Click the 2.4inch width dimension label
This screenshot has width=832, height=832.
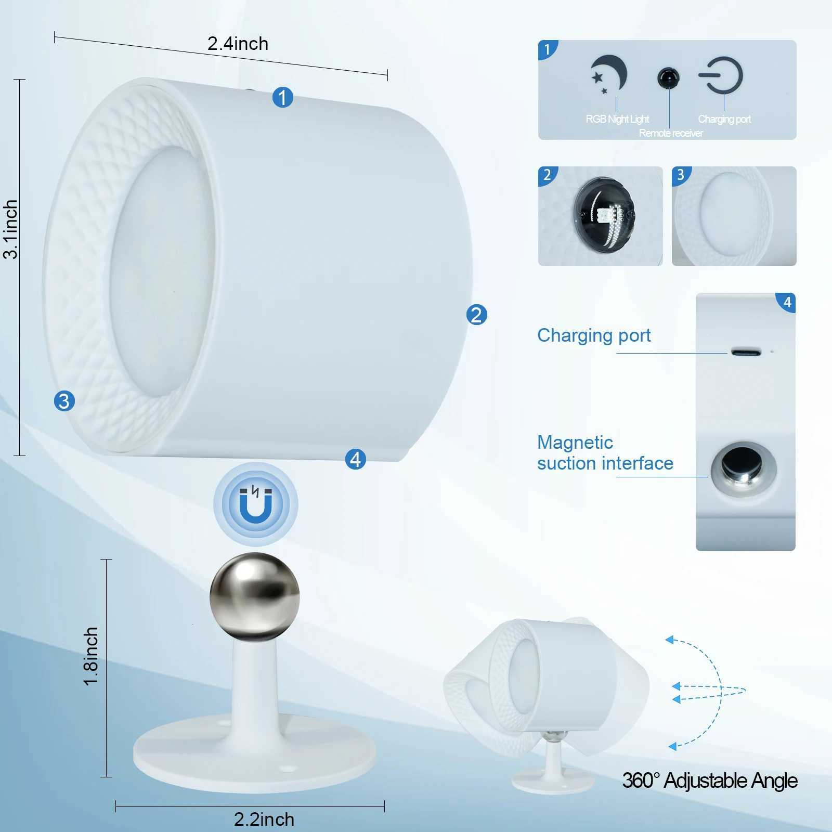(x=238, y=44)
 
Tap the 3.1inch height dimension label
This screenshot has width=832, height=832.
(x=11, y=229)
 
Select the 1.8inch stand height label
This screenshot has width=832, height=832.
(x=92, y=656)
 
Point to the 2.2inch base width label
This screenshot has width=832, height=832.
(x=264, y=819)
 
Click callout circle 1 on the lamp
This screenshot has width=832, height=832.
(x=283, y=97)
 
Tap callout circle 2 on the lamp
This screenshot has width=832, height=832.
(x=477, y=315)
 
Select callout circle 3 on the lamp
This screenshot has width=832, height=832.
(x=64, y=401)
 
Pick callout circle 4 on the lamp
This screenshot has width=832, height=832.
(x=356, y=459)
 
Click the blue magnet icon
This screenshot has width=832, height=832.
(x=255, y=504)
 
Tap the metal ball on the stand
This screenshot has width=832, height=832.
(x=255, y=596)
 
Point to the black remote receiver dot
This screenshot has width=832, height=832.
(x=668, y=78)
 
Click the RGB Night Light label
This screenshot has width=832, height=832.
(x=617, y=119)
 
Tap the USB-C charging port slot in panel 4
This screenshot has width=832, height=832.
(x=746, y=352)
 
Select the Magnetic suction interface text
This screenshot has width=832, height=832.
(x=605, y=452)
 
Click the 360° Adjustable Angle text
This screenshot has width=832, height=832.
(x=710, y=781)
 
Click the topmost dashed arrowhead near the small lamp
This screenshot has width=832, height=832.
(x=670, y=640)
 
